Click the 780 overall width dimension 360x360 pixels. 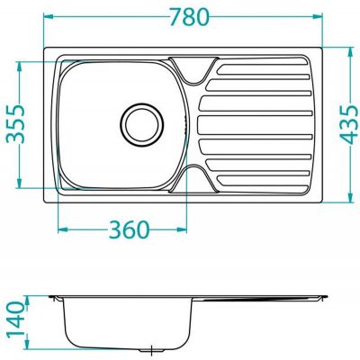(184, 16)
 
